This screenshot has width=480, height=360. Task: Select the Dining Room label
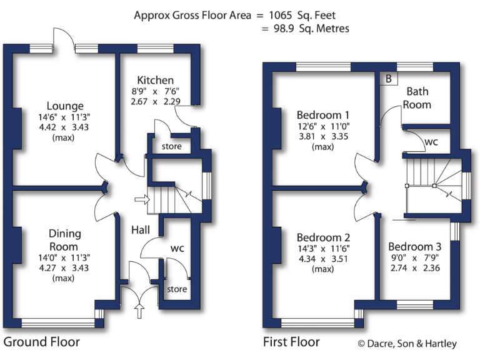pyautogui.click(x=65, y=239)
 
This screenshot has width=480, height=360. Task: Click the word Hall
pyautogui.click(x=140, y=230)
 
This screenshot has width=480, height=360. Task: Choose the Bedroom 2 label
pyautogui.click(x=323, y=237)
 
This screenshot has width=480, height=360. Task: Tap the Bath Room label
pyautogui.click(x=417, y=98)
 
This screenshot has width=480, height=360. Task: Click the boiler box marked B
pyautogui.click(x=389, y=79)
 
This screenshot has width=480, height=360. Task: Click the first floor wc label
pyautogui.click(x=431, y=142)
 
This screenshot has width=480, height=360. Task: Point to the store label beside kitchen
pyautogui.click(x=172, y=147)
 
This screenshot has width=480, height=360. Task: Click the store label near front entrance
pyautogui.click(x=177, y=289)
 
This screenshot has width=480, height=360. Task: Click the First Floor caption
pyautogui.click(x=291, y=342)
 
